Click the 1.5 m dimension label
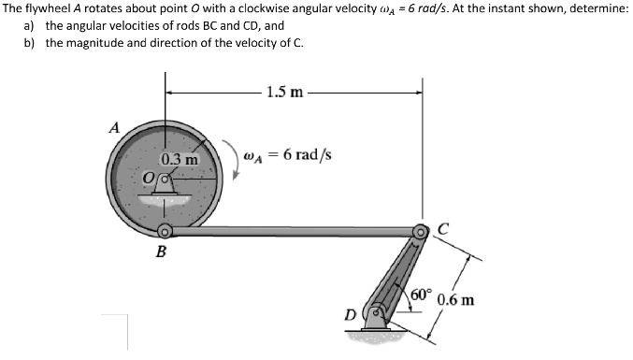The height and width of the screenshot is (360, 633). coord(284,92)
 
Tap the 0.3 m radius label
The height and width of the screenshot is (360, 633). coord(178,160)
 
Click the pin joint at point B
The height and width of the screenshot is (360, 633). coord(165,231)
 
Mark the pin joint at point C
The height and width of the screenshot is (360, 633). coord(422,230)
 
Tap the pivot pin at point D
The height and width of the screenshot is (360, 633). coord(378,313)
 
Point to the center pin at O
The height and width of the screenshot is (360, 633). coord(166,179)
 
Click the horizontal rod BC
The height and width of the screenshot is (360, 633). coord(290,231)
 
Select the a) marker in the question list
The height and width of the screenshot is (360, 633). coord(29,26)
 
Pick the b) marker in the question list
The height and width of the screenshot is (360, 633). coord(29,43)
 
